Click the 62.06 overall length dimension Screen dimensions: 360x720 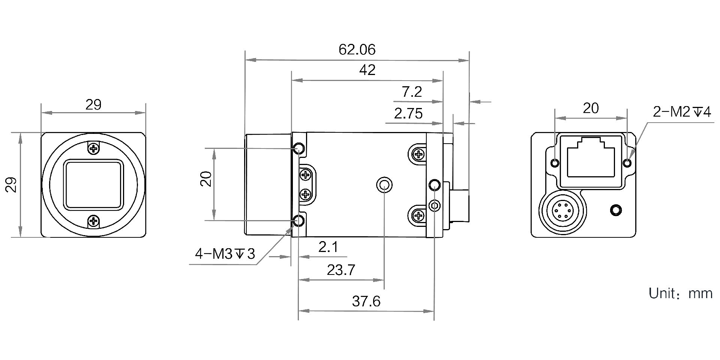[x=357, y=49]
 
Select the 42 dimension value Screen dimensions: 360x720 [x=367, y=70]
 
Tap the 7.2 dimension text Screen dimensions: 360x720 [x=412, y=92]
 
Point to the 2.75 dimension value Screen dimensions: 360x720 [x=408, y=113]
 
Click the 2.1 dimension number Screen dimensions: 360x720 [x=328, y=247]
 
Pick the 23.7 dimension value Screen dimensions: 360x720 [x=340, y=270]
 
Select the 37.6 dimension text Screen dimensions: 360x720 [x=366, y=301]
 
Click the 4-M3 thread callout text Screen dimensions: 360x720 [x=225, y=254]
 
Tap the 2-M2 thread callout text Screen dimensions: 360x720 [x=681, y=112]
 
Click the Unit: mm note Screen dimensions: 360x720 [x=680, y=293]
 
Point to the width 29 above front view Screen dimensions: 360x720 [x=93, y=105]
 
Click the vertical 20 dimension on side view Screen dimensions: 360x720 [x=206, y=179]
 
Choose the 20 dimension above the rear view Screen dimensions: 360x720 [x=591, y=108]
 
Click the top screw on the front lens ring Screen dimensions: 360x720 [x=93, y=148]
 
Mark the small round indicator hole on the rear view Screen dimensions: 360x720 [x=615, y=210]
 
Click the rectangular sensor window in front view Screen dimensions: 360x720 [x=93, y=184]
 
